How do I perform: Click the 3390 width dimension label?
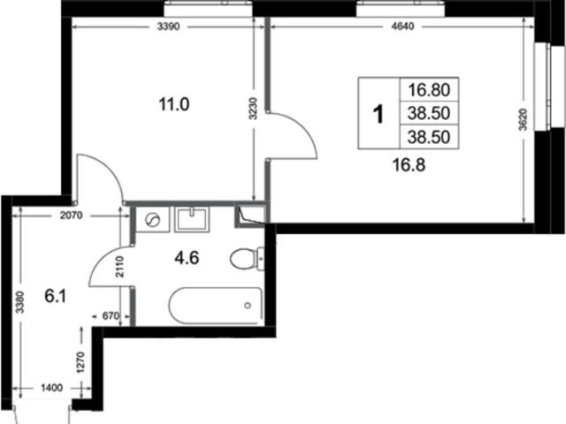click(x=169, y=27)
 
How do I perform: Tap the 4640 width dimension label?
click(x=403, y=26)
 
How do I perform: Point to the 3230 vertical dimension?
click(x=254, y=109)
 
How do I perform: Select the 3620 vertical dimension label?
click(x=523, y=119)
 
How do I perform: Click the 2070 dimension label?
click(x=71, y=216)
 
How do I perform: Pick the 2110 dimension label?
click(x=120, y=267)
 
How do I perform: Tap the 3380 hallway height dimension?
click(x=20, y=302)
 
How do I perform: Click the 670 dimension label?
click(x=111, y=316)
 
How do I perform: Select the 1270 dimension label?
click(x=80, y=362)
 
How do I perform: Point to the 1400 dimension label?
click(x=51, y=388)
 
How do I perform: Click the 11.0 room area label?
click(x=174, y=105)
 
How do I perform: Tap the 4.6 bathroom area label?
click(x=187, y=258)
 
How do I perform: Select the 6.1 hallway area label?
click(x=56, y=297)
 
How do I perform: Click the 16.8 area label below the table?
click(x=409, y=165)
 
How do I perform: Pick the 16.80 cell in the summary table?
click(x=429, y=90)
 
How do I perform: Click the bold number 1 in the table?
click(x=379, y=114)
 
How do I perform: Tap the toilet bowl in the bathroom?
click(x=242, y=259)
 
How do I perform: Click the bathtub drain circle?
click(x=248, y=306)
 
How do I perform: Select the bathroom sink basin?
click(x=191, y=219)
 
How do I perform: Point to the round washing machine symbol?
click(x=152, y=220)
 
